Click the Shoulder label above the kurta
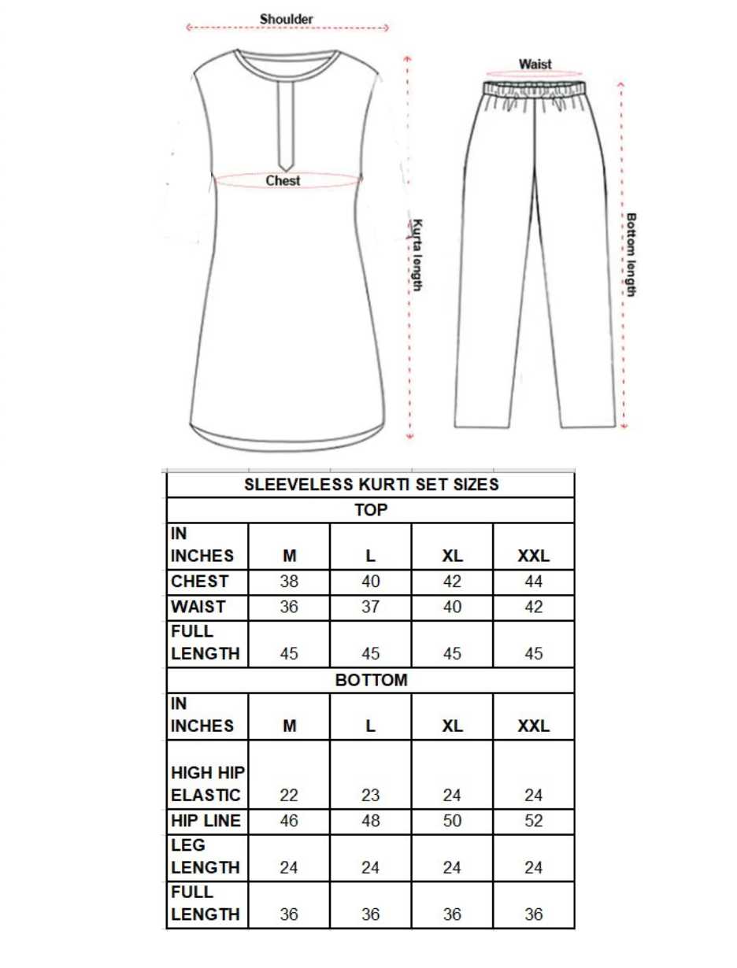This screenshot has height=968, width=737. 287,18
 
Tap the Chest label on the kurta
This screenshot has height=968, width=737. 283,181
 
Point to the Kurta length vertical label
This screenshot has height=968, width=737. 418,255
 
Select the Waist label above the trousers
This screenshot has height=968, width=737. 535,64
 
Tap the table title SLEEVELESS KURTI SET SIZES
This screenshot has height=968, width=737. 371,485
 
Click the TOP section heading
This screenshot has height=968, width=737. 371,510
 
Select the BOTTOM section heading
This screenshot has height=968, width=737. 371,680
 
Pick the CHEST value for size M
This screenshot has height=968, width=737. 289,582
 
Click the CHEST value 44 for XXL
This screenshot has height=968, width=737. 533,582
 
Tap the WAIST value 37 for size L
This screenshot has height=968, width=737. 371,608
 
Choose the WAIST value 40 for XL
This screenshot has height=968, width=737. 452,608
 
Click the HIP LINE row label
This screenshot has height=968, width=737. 206,821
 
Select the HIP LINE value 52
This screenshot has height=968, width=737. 533,821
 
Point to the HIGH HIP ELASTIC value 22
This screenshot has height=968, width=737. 289,796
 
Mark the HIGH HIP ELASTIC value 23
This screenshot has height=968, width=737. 371,796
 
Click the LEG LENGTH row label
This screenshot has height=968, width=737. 206,856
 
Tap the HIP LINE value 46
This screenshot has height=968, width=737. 289,821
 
